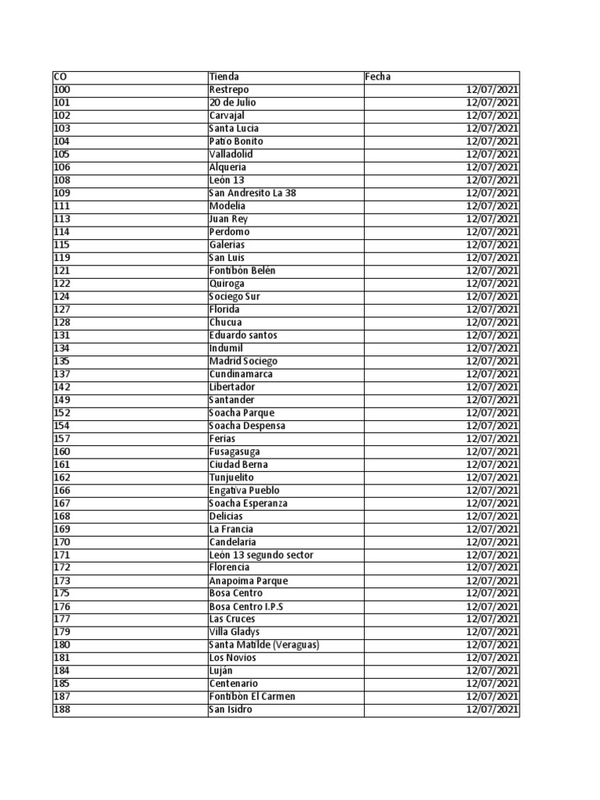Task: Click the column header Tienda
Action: coord(224,77)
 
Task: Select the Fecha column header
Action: coord(378,77)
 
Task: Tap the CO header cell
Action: coord(60,77)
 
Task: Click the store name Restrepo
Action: coord(229,90)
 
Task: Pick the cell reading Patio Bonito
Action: coord(236,141)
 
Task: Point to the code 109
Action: coord(62,193)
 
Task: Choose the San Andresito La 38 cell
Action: coord(252,193)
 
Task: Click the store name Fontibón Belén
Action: coord(242,270)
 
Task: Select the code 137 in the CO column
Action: coord(62,374)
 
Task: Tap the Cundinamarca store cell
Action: coord(241,374)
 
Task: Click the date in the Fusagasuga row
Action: coord(492,452)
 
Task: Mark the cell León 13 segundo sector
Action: coord(261,555)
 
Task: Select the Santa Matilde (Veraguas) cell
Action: coord(264,645)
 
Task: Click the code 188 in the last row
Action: coord(62,709)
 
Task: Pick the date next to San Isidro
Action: coord(492,709)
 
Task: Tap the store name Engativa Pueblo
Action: coord(244,490)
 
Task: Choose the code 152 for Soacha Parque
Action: coord(62,412)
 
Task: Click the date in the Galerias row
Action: coord(492,245)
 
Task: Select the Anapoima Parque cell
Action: coord(248,580)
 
